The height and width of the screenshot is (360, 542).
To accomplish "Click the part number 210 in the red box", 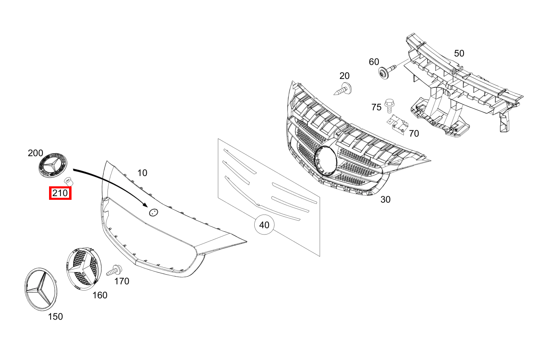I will tap(60, 192).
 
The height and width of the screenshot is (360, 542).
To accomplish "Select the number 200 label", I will tap(35, 153).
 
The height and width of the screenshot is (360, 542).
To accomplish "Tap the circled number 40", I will tap(264, 225).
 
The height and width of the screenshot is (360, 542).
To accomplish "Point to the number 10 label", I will tap(142, 173).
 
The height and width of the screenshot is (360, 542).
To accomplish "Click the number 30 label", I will tap(385, 199).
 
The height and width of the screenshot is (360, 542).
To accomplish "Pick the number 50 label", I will tap(459, 53).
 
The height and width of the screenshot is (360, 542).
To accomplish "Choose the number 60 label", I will tap(374, 62).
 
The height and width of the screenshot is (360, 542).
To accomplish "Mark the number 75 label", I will tap(376, 107).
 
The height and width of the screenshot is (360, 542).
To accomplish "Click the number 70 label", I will tap(414, 133).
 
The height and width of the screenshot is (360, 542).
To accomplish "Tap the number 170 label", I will tap(122, 281).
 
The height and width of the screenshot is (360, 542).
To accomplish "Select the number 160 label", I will tap(100, 295).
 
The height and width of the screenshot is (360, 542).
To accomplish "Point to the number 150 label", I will tap(56, 316).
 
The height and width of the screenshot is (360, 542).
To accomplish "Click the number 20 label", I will tap(345, 76).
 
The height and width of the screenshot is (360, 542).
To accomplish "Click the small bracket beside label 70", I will tap(397, 123).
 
